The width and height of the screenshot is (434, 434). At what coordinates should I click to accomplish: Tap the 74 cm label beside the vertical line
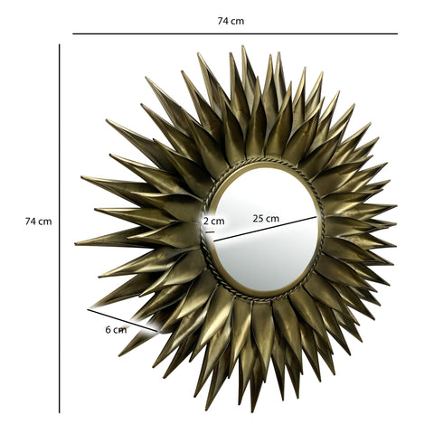point(38,222)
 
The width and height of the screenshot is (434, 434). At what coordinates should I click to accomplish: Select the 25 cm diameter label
point(266,218)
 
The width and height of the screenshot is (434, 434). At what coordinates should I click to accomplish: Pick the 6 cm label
point(115,329)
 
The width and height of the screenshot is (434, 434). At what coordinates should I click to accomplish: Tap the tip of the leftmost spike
point(76,243)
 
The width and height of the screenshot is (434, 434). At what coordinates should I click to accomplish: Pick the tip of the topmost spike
point(241,47)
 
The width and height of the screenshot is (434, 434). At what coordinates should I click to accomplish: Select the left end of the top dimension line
point(73,34)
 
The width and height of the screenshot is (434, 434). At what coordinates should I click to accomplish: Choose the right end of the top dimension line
point(396,34)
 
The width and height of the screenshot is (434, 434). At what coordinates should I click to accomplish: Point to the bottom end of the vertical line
point(60,411)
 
